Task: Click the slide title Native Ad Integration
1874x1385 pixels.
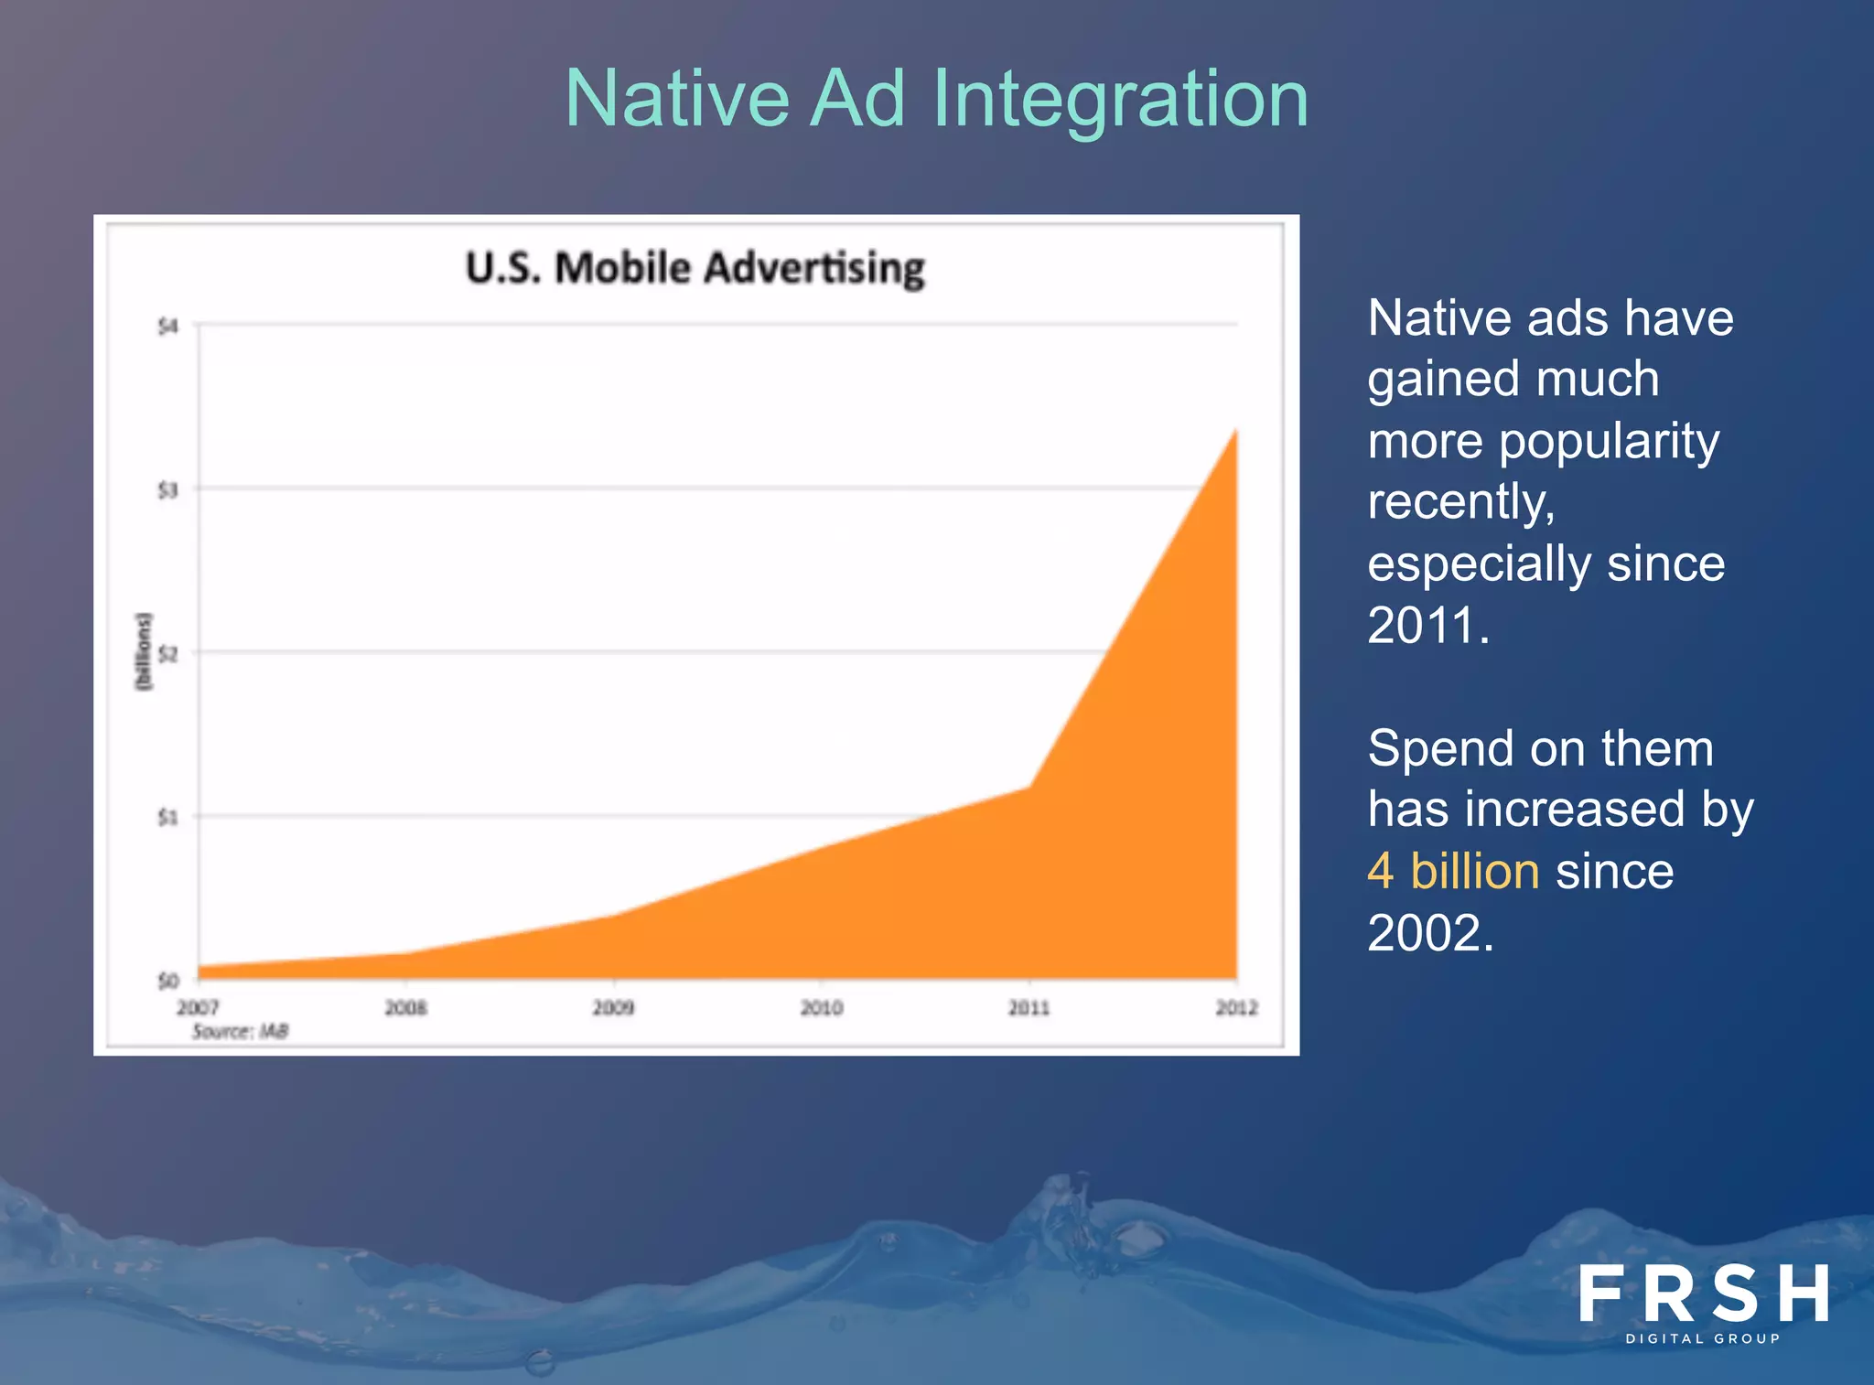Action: pos(936,99)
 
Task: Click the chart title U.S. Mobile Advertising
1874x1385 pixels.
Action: pos(695,269)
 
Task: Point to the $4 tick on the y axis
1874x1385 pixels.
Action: pos(167,327)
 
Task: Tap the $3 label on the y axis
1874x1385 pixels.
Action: pos(167,490)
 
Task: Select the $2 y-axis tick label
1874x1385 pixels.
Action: pos(167,654)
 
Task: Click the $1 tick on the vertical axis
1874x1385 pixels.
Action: pos(167,817)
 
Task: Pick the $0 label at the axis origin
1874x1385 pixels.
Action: pos(167,981)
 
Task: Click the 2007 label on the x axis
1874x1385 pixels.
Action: pos(198,1007)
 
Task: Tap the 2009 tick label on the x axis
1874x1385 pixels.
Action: pos(613,1007)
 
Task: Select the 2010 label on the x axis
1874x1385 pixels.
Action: pos(821,1007)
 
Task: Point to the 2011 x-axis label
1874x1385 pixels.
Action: pos(1029,1007)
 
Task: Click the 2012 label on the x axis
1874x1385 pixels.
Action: pos(1236,1007)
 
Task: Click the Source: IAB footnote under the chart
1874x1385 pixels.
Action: pos(240,1032)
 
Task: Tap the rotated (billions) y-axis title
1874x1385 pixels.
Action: pos(143,652)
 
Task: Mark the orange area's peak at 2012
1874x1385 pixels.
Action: pos(1236,430)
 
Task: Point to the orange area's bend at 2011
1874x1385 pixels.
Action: pos(1029,787)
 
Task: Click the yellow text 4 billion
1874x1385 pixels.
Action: pos(1453,871)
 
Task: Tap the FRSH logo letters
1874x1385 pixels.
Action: pos(1703,1294)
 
